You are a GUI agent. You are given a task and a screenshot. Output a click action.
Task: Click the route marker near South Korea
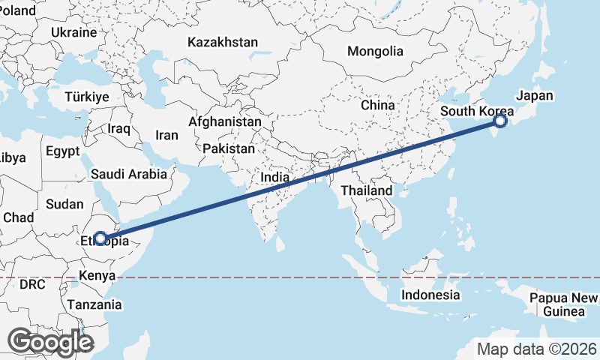[x=500, y=120]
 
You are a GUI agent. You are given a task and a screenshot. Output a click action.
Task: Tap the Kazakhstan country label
[x=223, y=42]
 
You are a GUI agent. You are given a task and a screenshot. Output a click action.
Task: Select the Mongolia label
[x=375, y=52]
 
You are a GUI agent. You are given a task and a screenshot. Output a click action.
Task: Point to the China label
[x=377, y=105]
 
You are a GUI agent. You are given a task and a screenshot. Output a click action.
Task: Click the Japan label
[x=534, y=96]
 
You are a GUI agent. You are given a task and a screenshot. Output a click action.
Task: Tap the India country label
[x=275, y=178]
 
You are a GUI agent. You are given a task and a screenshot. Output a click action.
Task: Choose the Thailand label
[x=366, y=190]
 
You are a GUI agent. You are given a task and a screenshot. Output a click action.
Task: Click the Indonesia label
[x=430, y=295]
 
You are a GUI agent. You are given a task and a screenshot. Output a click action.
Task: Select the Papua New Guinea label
[x=563, y=304]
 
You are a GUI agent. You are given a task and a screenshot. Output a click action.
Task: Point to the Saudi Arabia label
[x=129, y=174]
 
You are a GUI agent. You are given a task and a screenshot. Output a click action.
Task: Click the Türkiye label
[x=87, y=97]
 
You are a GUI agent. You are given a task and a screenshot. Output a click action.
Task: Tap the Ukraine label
[x=74, y=32]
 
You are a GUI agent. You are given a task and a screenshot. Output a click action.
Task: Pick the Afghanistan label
[x=225, y=121]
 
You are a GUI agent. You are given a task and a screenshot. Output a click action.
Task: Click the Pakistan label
[x=229, y=148]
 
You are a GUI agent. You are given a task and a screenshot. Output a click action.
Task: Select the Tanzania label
[x=94, y=304]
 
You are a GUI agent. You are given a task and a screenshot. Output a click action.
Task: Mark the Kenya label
[x=97, y=276]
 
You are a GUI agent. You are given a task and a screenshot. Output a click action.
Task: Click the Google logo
[x=50, y=342]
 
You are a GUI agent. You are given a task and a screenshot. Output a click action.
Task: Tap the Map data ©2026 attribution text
[x=537, y=349]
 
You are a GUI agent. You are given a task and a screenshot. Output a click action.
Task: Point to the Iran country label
[x=166, y=136]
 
